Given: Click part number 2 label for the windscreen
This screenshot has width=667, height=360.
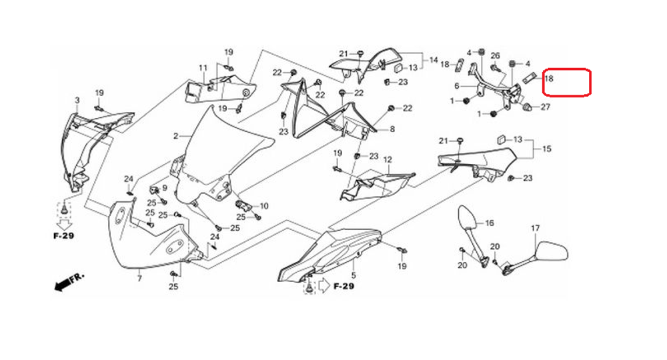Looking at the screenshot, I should click(176, 136).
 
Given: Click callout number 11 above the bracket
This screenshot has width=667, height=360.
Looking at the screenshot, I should click(203, 68).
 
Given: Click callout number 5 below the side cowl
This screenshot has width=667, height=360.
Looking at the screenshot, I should click(354, 275).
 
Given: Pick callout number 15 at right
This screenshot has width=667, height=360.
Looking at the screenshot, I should click(546, 149).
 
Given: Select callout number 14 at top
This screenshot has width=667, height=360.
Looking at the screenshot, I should click(434, 61).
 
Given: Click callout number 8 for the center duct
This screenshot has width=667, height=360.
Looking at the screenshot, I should click(392, 129).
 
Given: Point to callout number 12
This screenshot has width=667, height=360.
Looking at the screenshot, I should click(388, 160).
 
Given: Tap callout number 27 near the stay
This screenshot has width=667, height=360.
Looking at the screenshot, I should click(546, 107).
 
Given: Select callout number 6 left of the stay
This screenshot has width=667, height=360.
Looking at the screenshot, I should click(457, 86).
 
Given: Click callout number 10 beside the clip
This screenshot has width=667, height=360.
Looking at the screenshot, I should click(264, 206).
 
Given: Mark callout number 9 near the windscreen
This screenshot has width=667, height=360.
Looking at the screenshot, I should click(165, 188).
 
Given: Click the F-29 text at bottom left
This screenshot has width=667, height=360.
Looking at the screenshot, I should click(64, 236).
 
